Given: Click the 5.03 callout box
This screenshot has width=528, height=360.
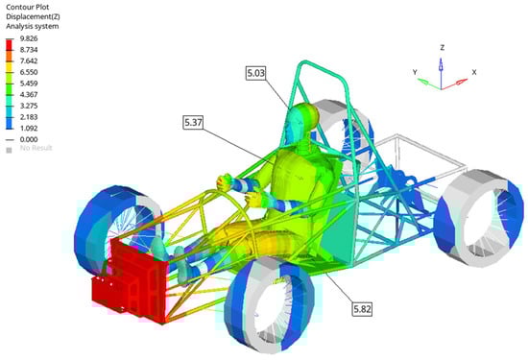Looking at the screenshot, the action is coord(256,73).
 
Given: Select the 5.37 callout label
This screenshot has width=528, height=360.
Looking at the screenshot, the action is coord(193,122).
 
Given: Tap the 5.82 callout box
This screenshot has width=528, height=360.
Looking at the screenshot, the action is coord(362,309).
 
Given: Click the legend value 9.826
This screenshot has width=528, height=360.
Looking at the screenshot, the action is coord(29,38).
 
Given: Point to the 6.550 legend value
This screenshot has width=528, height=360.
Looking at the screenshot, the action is coord(29,72).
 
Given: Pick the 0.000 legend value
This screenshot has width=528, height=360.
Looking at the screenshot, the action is coord(29,139).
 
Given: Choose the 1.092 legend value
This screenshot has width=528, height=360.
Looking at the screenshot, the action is coord(29,129).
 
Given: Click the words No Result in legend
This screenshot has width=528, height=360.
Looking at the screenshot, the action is coord(36,148).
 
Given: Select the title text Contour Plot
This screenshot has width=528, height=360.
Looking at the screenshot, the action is coord(28,7).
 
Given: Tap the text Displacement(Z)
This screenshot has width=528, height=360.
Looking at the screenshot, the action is coord(33,16).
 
